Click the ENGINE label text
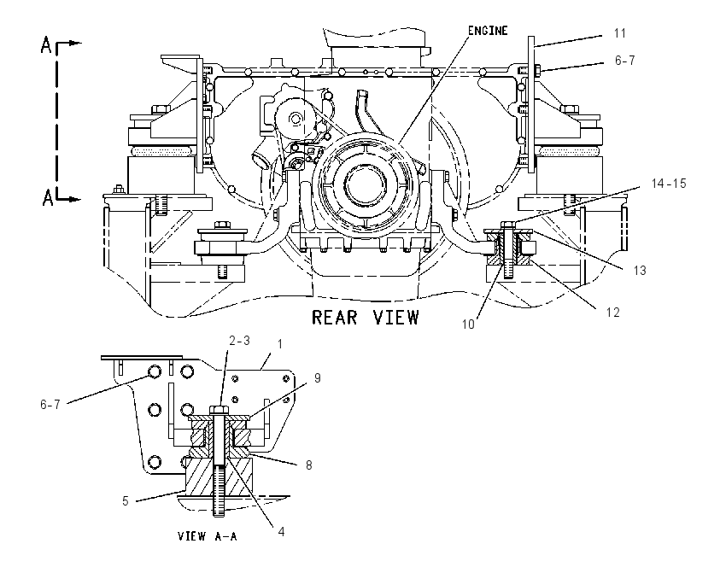(488, 31)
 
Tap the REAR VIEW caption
(366, 318)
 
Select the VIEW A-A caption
(207, 536)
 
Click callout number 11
(620, 33)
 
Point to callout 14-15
(669, 184)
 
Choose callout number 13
(640, 271)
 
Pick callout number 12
(612, 313)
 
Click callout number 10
(468, 324)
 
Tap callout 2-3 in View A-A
(239, 341)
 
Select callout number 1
(279, 344)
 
